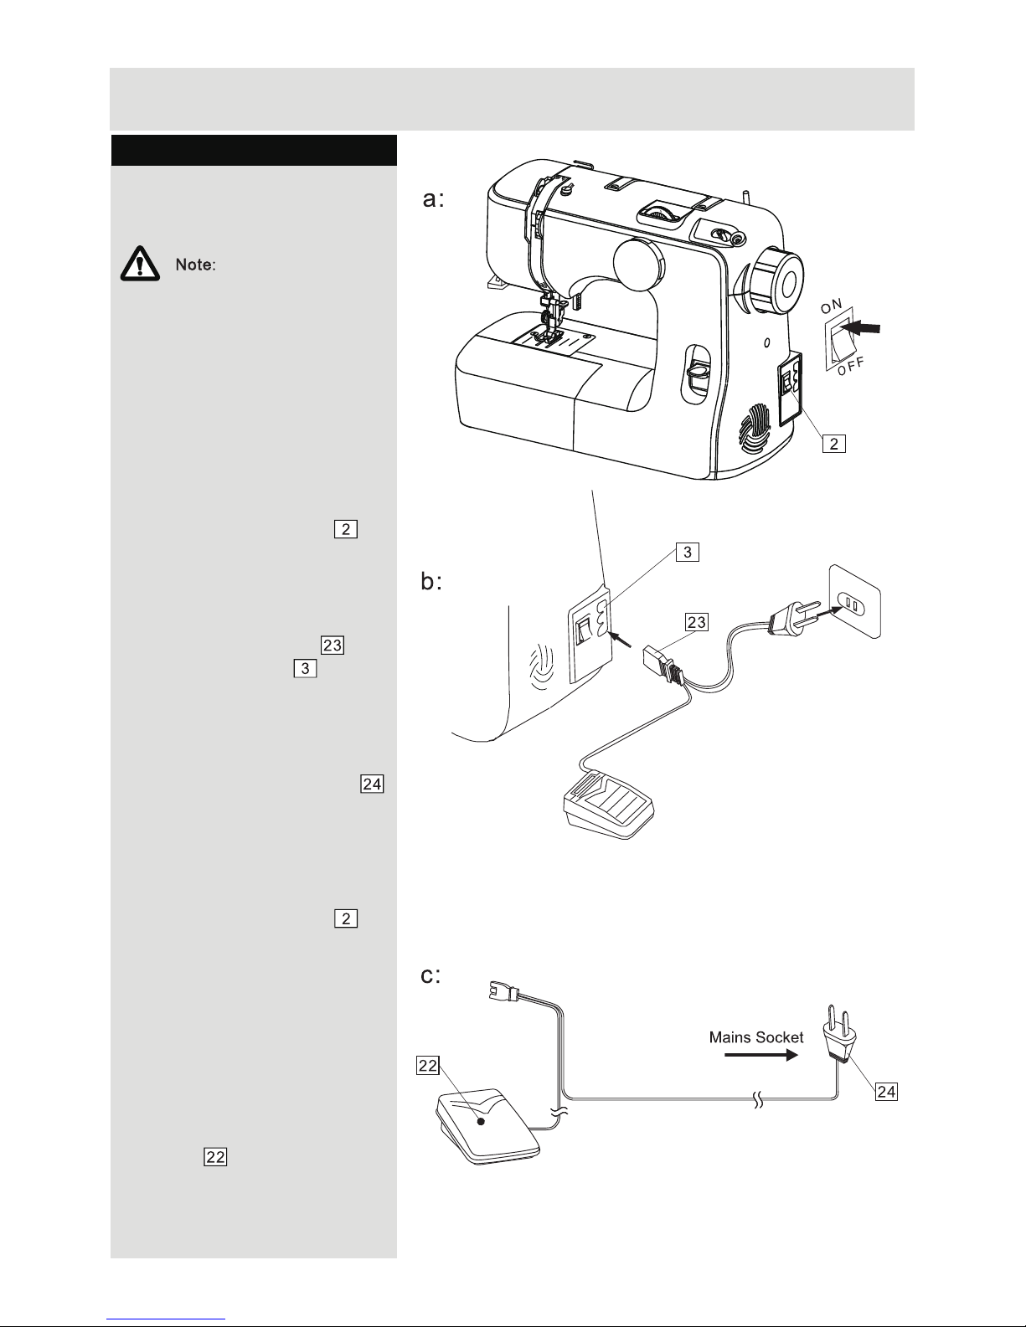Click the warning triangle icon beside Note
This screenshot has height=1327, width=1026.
(x=140, y=264)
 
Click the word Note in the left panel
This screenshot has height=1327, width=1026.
(x=195, y=265)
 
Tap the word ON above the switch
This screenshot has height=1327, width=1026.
(x=831, y=306)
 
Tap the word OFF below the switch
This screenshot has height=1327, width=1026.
(x=851, y=367)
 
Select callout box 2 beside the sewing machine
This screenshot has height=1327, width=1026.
(x=834, y=444)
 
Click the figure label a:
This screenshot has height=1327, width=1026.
(x=434, y=199)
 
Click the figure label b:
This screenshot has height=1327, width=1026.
(x=431, y=581)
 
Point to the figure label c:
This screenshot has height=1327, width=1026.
(x=431, y=975)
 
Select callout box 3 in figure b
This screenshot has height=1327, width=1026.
(x=687, y=552)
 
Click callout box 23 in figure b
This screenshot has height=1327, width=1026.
(x=696, y=622)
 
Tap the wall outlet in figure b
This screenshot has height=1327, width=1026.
(x=854, y=601)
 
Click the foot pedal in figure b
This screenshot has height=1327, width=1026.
(x=609, y=805)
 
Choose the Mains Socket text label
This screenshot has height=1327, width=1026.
(x=756, y=1037)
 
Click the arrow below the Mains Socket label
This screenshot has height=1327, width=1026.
(x=761, y=1055)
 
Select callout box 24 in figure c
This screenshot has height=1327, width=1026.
(x=886, y=1091)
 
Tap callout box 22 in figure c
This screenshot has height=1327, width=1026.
(x=427, y=1066)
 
